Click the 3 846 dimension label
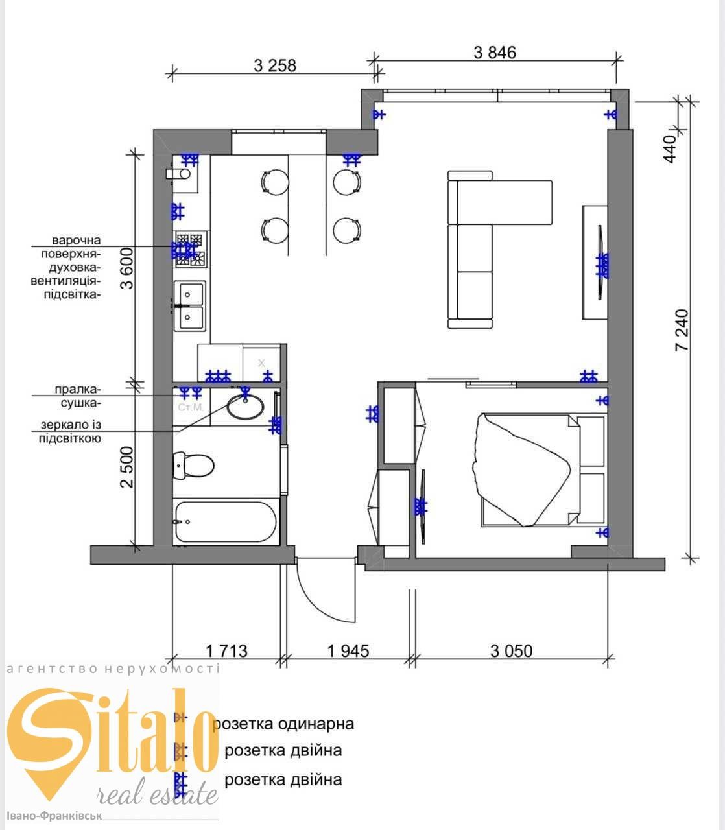click(495, 53)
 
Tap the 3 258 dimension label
click(275, 65)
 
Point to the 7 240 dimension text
click(682, 330)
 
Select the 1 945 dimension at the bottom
click(348, 651)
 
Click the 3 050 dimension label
click(511, 651)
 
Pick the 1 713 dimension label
click(226, 651)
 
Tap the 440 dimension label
click(670, 149)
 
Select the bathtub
click(226, 522)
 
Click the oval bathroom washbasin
click(245, 406)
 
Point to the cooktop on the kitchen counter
click(191, 250)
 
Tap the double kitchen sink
click(189, 306)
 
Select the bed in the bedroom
click(542, 470)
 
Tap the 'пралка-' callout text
click(77, 389)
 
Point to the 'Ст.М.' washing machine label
click(191, 407)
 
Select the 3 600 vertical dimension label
click(126, 268)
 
